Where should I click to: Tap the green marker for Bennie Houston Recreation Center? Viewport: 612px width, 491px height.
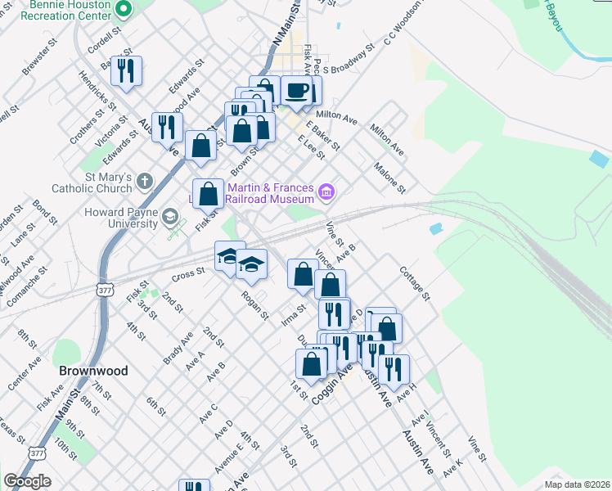coord(124,10)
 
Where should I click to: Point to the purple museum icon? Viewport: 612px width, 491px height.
coord(326,193)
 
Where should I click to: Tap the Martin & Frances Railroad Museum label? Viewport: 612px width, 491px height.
coord(270,193)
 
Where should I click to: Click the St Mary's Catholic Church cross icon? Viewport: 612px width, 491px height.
coord(144,180)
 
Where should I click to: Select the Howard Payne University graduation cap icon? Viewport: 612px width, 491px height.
coord(169,218)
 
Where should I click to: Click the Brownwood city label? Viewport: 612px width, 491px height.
coord(93,371)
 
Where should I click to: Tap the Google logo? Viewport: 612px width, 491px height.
coord(27,481)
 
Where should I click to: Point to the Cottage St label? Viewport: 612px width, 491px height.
coord(414,283)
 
